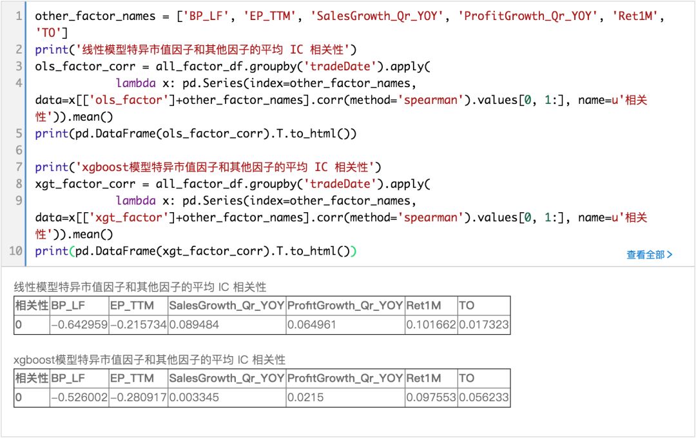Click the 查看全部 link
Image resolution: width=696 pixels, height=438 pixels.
point(649,255)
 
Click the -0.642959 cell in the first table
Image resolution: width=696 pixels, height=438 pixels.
point(79,324)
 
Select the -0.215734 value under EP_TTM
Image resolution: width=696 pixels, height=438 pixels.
point(139,324)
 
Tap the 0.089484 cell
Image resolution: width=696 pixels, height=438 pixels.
point(194,324)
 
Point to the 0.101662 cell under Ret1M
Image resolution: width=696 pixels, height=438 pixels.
point(431,324)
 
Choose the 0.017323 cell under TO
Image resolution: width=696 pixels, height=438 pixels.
point(483,324)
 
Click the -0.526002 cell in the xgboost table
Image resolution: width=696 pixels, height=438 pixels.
point(79,398)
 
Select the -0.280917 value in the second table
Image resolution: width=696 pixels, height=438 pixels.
point(139,398)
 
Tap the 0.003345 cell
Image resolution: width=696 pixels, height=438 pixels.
point(194,398)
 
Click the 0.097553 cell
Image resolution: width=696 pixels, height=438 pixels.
point(431,398)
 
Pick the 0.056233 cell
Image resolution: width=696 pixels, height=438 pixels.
point(483,398)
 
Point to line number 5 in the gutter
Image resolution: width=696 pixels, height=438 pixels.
point(19,134)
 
